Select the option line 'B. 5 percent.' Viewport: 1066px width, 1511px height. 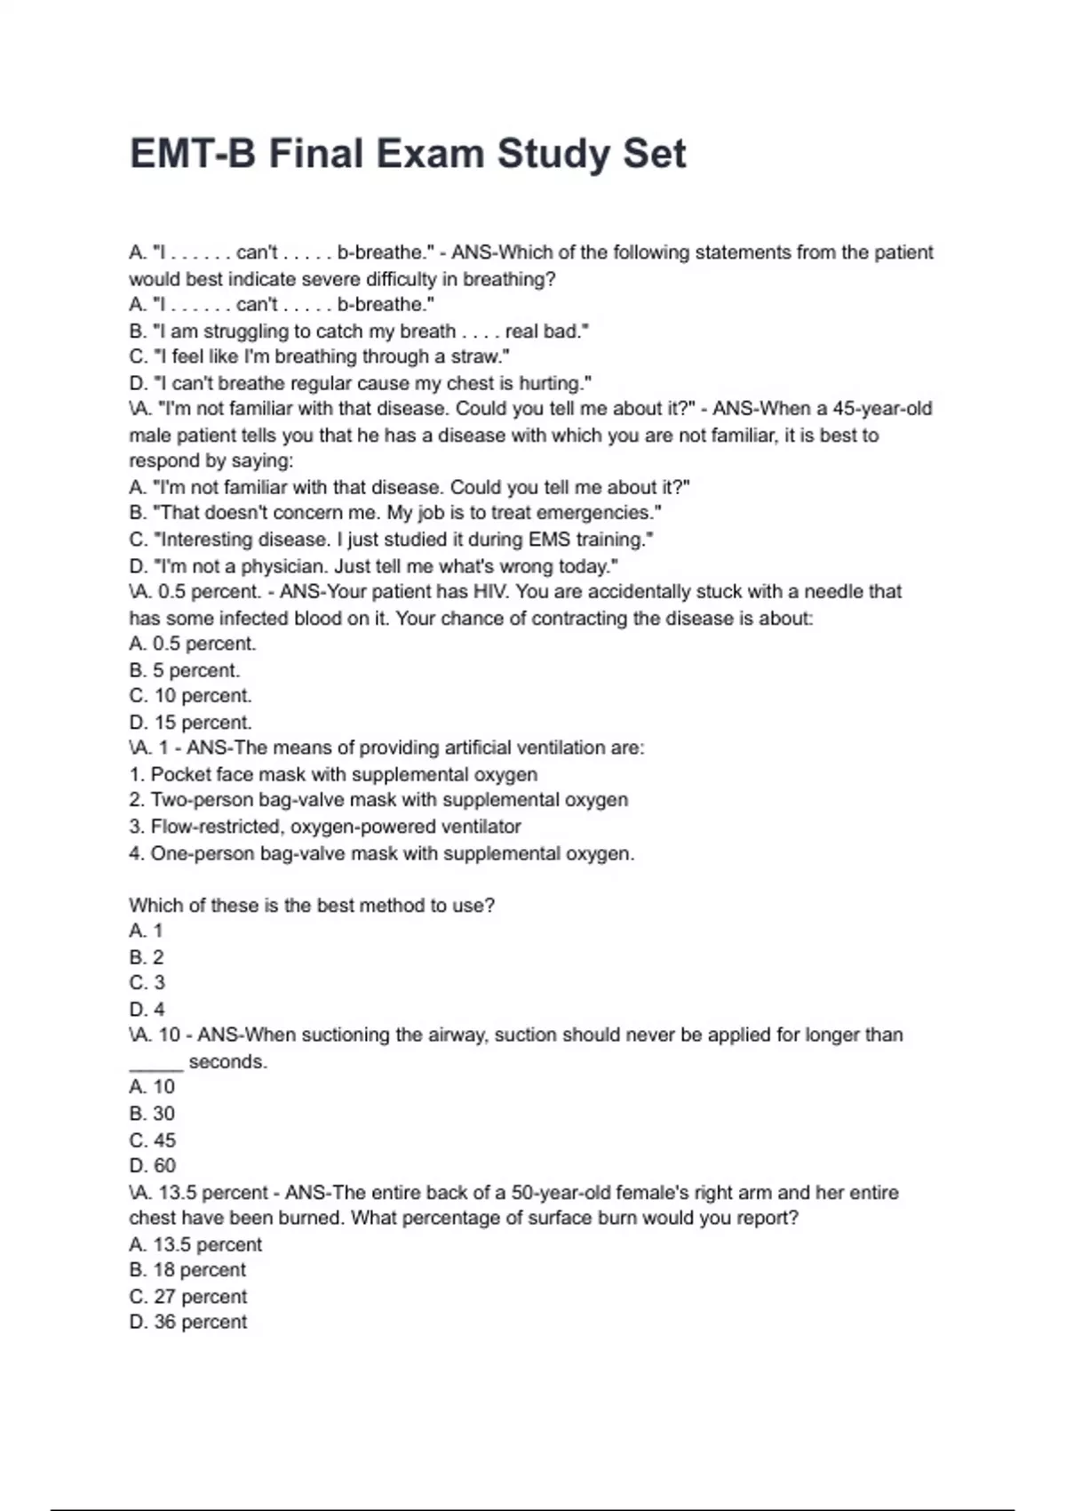(x=185, y=670)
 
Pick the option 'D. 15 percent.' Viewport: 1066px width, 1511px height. (x=190, y=723)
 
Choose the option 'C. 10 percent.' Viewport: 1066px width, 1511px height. (x=190, y=696)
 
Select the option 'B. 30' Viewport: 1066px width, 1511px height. (x=152, y=1114)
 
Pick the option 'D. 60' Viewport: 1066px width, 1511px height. (x=152, y=1165)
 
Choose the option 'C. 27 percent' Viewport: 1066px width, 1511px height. (x=187, y=1297)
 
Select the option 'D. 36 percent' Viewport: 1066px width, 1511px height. (x=187, y=1323)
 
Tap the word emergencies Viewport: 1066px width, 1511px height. (x=599, y=513)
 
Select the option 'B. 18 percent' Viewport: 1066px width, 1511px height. (x=187, y=1270)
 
